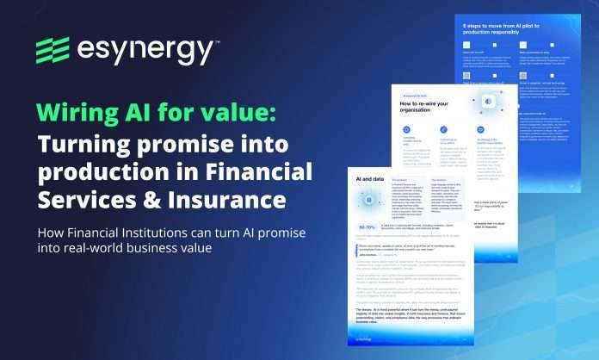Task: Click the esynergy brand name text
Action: click(x=147, y=52)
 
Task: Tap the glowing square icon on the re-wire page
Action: click(x=487, y=102)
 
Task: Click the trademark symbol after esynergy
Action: click(x=216, y=41)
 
